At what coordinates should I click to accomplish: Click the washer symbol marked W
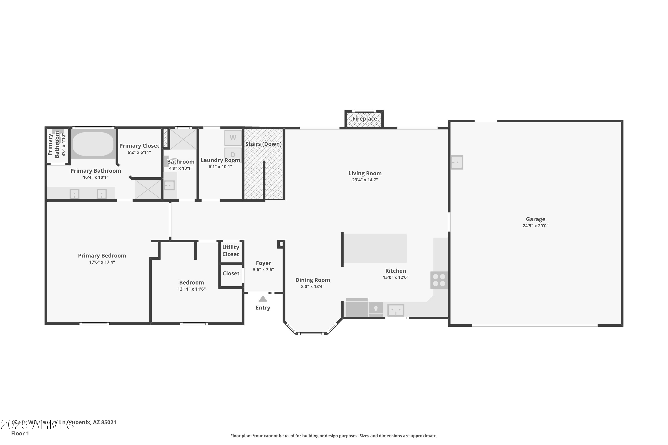tap(233, 138)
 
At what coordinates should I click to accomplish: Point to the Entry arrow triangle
tap(263, 299)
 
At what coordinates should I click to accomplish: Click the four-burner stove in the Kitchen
tap(439, 280)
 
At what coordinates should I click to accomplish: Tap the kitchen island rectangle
tap(375, 248)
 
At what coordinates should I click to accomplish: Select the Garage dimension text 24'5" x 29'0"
tap(535, 226)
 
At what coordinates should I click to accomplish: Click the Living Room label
tap(365, 173)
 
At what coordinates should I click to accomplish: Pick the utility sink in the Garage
tap(457, 162)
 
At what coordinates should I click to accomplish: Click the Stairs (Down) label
tap(263, 144)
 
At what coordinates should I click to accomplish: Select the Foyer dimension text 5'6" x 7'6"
tap(263, 270)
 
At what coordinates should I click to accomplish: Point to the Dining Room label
tap(312, 280)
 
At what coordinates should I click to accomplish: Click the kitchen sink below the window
tap(396, 310)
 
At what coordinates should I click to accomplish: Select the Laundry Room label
tap(220, 160)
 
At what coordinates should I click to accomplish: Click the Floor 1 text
tap(20, 433)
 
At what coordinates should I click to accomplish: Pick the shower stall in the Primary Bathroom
tap(148, 189)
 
